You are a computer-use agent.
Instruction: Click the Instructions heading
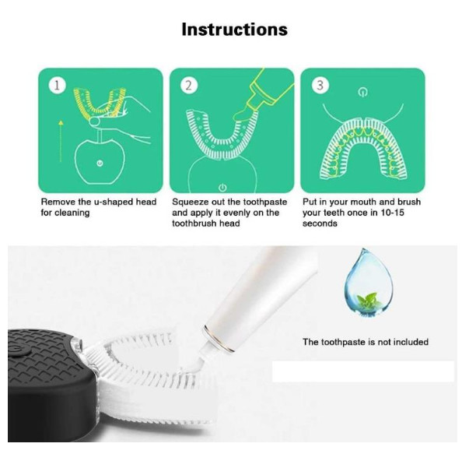(x=235, y=30)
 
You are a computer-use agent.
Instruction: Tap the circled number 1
(x=57, y=86)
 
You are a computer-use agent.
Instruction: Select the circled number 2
(x=188, y=86)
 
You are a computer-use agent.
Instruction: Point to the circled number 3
(x=320, y=86)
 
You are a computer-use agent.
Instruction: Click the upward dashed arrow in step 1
(x=61, y=141)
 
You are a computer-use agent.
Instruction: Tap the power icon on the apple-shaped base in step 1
(x=100, y=164)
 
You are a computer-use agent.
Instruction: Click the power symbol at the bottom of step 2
(x=222, y=188)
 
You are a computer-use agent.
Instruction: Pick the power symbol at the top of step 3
(x=362, y=93)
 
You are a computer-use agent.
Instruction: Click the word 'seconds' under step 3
(x=320, y=223)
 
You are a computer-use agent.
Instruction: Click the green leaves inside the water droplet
(x=369, y=301)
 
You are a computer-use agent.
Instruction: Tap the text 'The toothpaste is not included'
(x=366, y=342)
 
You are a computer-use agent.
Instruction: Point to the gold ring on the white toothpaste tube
(x=219, y=340)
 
